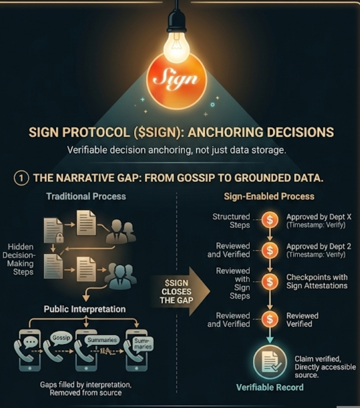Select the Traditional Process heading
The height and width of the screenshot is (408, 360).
pos(86,196)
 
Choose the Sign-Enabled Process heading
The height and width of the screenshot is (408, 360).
pos(269,196)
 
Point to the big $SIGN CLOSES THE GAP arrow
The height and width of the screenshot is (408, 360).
pos(181,291)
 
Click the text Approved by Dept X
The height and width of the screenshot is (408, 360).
pos(319,217)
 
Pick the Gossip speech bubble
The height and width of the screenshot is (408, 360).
pos(62,337)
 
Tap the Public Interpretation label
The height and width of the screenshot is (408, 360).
pos(85,309)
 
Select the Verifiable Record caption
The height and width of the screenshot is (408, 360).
pos(270,387)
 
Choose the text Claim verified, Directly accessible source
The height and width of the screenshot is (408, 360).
pos(325,367)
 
